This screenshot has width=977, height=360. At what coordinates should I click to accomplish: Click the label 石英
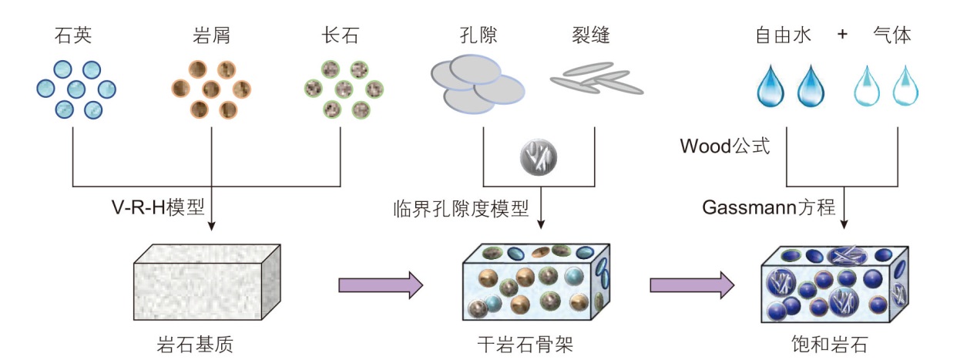[x=73, y=36]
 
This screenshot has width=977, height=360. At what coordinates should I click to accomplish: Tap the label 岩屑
[x=210, y=36]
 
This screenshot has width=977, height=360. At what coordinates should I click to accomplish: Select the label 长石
[x=341, y=36]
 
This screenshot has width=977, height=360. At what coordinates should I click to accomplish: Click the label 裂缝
[x=591, y=36]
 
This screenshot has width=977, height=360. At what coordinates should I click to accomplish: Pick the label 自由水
[x=784, y=36]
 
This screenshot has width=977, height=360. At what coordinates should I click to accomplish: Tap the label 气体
[x=892, y=36]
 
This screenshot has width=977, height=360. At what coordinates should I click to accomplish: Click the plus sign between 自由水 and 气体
[x=842, y=36]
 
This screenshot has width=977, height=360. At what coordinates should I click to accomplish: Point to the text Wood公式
[x=725, y=146]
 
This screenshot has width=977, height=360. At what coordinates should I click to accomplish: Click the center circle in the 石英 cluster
[x=76, y=89]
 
